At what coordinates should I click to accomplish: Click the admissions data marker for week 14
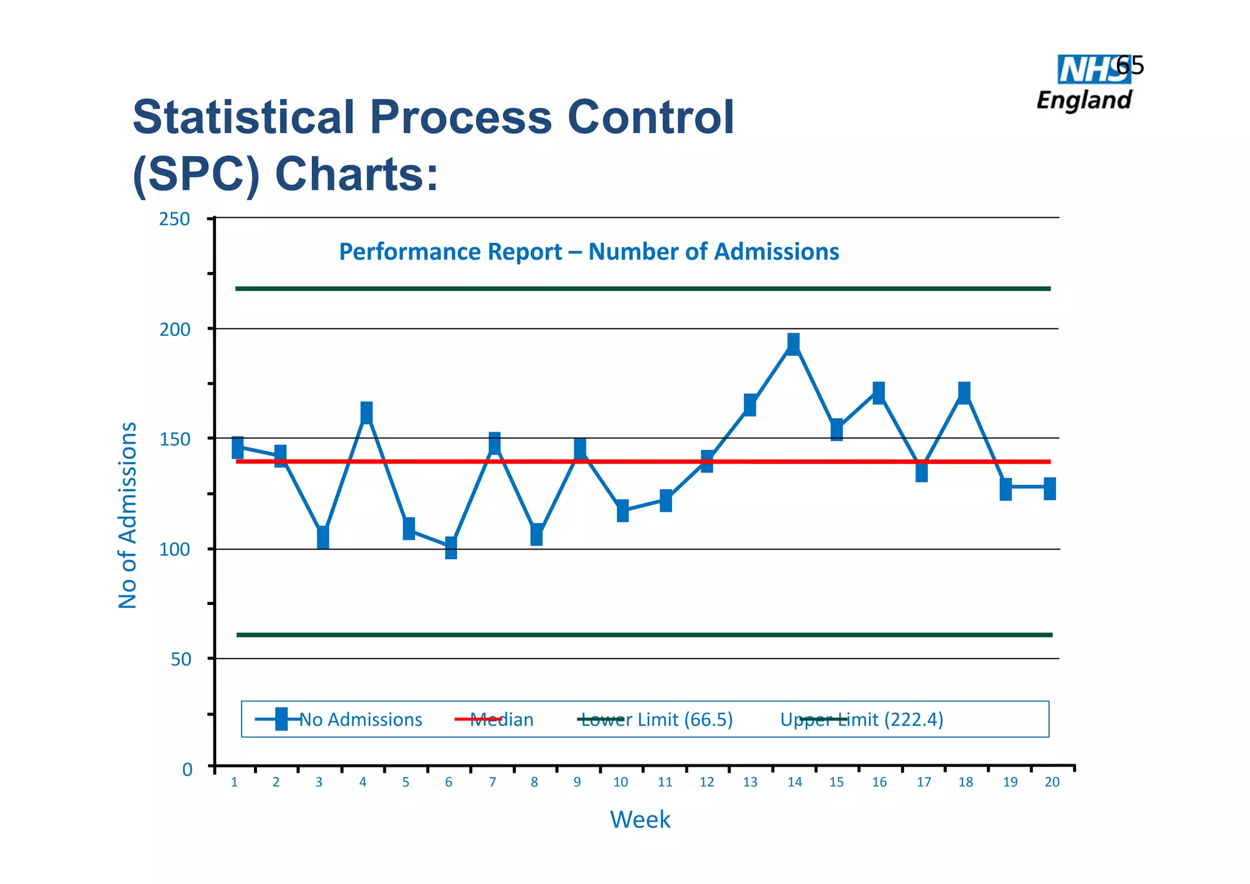793,344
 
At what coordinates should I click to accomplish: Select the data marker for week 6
450,548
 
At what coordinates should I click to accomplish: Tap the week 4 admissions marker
366,413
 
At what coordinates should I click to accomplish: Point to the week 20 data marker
1049,489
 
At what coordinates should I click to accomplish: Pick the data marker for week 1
237,447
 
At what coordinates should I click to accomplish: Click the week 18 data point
964,393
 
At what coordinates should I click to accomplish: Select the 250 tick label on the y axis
175,219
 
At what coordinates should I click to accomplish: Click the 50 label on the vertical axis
181,659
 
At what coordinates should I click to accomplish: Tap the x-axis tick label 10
620,782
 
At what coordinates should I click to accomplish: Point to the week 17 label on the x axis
923,782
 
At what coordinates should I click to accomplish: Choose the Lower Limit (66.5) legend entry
657,720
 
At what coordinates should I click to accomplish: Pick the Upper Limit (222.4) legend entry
862,720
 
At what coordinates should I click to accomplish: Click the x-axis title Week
640,819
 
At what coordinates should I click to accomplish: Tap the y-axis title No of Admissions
128,515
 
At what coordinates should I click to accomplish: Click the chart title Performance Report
589,252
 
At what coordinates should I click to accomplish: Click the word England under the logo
1085,100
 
